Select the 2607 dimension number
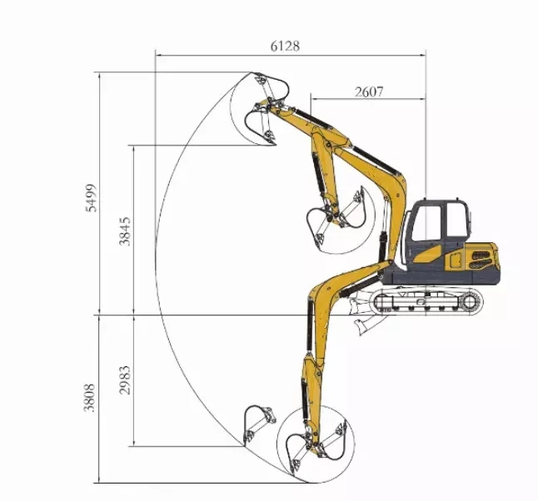click(369, 92)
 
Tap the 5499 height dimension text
click(92, 197)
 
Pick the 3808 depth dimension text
click(92, 399)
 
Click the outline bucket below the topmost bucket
click(262, 125)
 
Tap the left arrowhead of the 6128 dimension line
click(157, 55)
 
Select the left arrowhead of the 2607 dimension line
click(314, 100)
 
